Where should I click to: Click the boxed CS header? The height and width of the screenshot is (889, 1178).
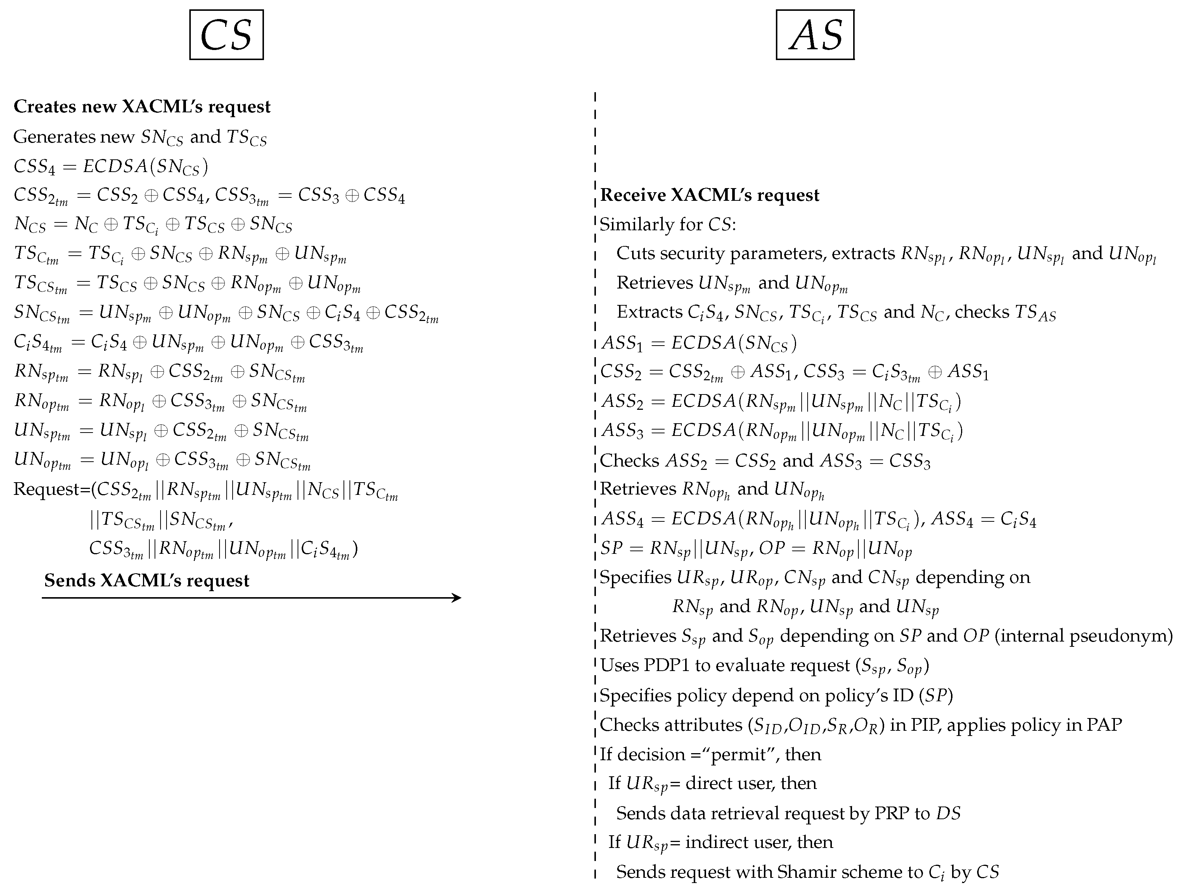click(x=226, y=35)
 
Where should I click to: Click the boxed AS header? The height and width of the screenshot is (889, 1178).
click(x=815, y=35)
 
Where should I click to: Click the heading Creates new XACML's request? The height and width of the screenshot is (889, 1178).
click(x=142, y=106)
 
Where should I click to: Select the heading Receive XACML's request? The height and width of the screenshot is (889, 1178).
click(x=709, y=195)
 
